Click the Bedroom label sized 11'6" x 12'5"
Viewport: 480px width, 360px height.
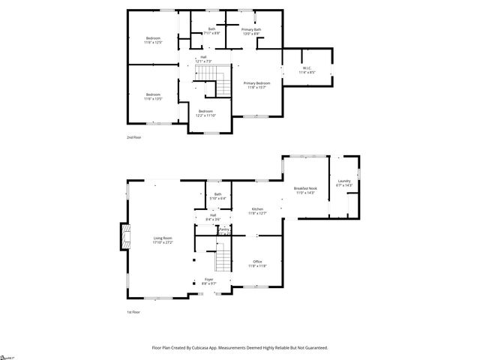(153, 40)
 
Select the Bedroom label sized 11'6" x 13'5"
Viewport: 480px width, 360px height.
(153, 96)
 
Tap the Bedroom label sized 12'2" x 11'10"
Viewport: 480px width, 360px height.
(206, 113)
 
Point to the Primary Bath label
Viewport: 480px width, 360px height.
(251, 31)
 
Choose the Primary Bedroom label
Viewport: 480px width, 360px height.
(257, 85)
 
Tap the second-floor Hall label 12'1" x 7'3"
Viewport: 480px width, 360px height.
(203, 58)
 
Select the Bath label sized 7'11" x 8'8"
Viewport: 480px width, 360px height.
(211, 31)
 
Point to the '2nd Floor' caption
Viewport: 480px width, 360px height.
(133, 137)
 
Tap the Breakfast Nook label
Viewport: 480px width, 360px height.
(305, 190)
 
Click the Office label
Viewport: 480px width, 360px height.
(257, 263)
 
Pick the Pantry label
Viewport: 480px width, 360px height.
(223, 230)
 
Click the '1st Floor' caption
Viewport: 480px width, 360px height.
(133, 311)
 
